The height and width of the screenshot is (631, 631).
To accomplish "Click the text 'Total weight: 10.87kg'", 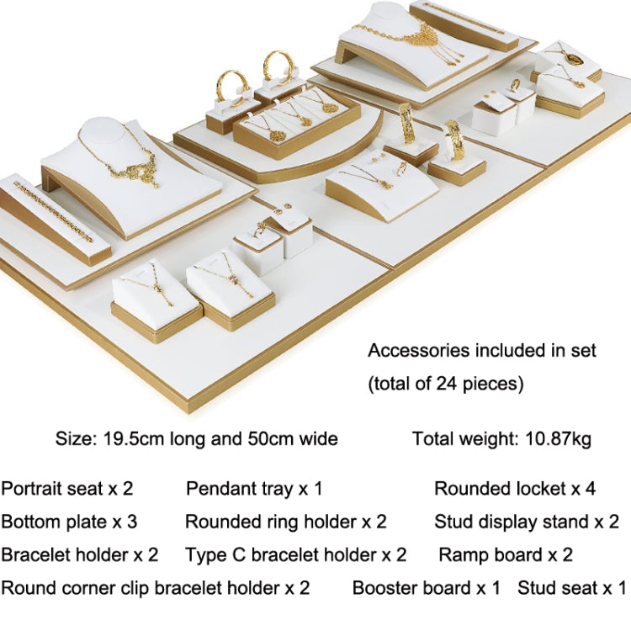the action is coord(501,439).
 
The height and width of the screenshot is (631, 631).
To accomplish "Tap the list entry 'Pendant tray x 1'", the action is coord(254,489).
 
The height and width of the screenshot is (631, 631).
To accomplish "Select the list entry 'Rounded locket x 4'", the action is coord(515,489).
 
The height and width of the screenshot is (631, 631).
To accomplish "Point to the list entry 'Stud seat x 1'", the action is coord(572,588).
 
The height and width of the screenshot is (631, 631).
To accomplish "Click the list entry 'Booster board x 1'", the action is coord(427,588).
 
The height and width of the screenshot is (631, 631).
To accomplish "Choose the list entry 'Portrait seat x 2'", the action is coord(67,489).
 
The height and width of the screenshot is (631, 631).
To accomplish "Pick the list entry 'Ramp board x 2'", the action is coord(506,555).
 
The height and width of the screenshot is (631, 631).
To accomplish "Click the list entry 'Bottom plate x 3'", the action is coord(69,522).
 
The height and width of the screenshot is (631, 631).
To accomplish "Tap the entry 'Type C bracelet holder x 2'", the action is coord(296,555).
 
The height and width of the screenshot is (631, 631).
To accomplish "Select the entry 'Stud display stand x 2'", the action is coord(527,522).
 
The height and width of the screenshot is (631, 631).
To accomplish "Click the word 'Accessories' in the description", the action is coord(419,351).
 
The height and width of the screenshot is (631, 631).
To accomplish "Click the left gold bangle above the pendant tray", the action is coord(232,87).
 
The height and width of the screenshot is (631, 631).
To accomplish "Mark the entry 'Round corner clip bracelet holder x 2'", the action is coord(156,588).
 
